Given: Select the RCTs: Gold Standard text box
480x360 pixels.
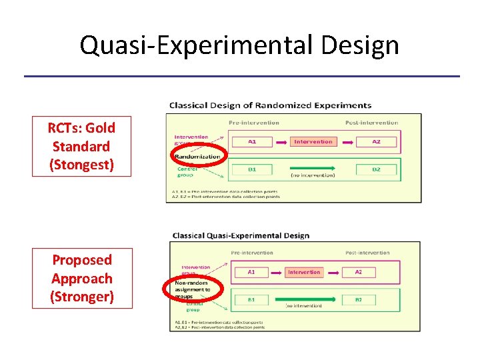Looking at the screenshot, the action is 82,146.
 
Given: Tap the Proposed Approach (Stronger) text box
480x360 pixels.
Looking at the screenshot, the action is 82,279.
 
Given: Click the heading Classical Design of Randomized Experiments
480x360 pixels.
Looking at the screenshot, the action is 270,105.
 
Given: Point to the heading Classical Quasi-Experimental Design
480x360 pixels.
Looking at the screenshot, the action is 241,235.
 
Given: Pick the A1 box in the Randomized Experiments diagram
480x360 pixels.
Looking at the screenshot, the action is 252,141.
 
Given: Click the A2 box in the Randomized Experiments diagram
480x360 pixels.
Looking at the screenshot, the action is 376,141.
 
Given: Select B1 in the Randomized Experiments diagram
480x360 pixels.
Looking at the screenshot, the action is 252,169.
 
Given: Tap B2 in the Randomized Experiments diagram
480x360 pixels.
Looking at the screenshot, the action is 376,169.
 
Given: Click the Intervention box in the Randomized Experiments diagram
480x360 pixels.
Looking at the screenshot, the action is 313,141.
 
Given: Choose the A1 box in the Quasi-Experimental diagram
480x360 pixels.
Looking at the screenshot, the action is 251,272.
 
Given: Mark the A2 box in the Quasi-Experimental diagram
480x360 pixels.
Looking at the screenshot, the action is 358,272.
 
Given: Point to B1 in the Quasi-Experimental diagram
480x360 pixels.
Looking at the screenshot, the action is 251,300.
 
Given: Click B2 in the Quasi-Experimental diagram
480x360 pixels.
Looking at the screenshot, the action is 358,300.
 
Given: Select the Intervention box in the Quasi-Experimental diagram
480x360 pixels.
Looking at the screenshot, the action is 303,272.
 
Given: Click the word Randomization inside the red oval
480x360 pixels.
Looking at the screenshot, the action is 197,157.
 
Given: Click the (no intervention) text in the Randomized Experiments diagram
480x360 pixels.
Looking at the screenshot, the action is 313,175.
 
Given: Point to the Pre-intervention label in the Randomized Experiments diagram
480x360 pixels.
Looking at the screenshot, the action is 254,123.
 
